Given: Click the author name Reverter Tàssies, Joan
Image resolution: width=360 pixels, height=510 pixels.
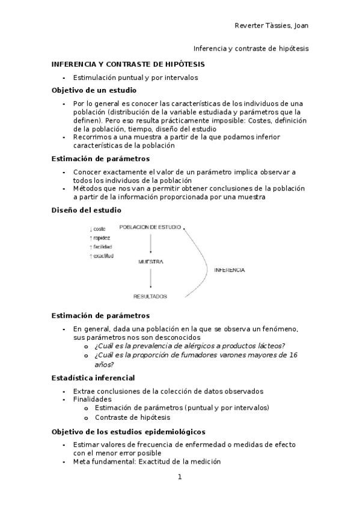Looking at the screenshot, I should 271,25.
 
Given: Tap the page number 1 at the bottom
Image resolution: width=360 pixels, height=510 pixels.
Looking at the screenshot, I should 179,477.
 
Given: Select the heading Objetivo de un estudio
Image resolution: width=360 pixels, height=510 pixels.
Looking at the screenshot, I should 94,90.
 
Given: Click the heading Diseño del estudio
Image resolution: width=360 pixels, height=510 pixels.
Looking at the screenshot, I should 86,210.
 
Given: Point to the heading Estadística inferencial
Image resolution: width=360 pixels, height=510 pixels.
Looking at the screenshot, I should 93,378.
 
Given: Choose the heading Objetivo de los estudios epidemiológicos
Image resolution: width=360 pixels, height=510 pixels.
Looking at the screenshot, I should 129,432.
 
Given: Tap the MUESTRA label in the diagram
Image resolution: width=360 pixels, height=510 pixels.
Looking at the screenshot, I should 151,262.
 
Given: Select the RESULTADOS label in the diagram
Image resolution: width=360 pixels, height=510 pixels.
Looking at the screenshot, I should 150,296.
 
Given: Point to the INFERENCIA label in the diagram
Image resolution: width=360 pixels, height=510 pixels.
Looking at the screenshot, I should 229,270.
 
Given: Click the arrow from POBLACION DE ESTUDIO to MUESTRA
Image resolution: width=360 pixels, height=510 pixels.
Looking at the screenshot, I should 150,244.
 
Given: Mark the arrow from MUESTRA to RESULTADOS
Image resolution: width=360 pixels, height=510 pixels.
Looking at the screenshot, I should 150,279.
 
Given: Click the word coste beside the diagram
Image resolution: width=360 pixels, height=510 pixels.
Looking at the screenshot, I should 99,229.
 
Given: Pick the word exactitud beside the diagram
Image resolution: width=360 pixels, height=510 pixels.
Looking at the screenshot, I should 103,256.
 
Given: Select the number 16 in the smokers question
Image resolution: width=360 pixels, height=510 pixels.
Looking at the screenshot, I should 293,355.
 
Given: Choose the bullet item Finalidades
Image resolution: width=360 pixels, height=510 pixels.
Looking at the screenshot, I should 92,399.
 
